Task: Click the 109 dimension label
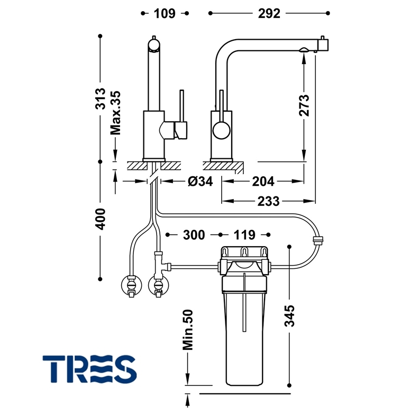pyautogui.click(x=165, y=13)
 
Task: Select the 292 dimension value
pyautogui.click(x=269, y=13)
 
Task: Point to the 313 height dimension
pyautogui.click(x=101, y=98)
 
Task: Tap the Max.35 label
pyautogui.click(x=115, y=113)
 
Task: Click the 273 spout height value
pyautogui.click(x=304, y=105)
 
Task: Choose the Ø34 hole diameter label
pyautogui.click(x=201, y=182)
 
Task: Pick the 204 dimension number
pyautogui.click(x=263, y=182)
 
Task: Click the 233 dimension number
pyautogui.click(x=269, y=201)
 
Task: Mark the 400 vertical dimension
pyautogui.click(x=101, y=219)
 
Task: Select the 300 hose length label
pyautogui.click(x=194, y=235)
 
